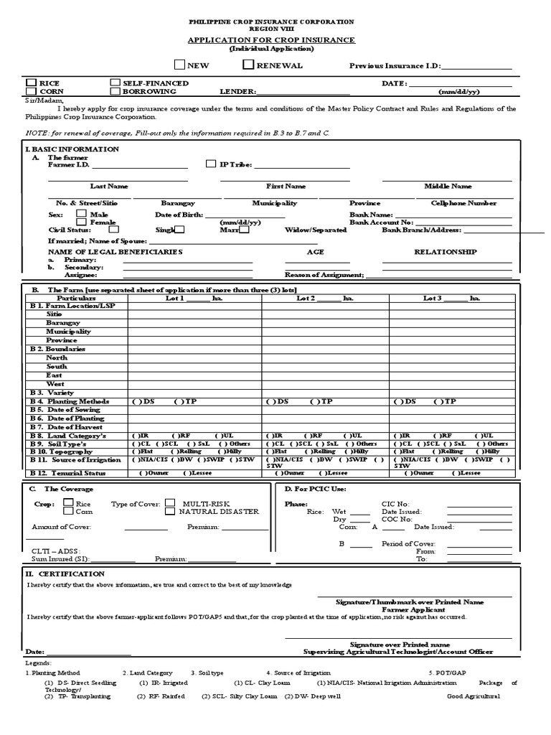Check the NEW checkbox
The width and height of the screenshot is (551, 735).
(179, 65)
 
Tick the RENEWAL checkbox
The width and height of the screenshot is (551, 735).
(248, 65)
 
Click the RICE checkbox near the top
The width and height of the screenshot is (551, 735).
(31, 83)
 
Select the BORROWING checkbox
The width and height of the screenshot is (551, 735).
(115, 92)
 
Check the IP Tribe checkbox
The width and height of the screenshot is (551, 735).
(210, 164)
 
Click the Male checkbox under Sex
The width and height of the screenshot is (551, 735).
(81, 214)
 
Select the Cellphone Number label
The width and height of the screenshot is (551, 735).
(463, 203)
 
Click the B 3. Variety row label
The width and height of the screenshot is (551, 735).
(48, 393)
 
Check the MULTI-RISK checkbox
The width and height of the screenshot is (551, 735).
(170, 503)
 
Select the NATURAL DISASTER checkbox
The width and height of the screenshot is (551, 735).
(170, 512)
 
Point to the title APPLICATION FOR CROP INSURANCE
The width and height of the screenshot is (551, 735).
(271, 40)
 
